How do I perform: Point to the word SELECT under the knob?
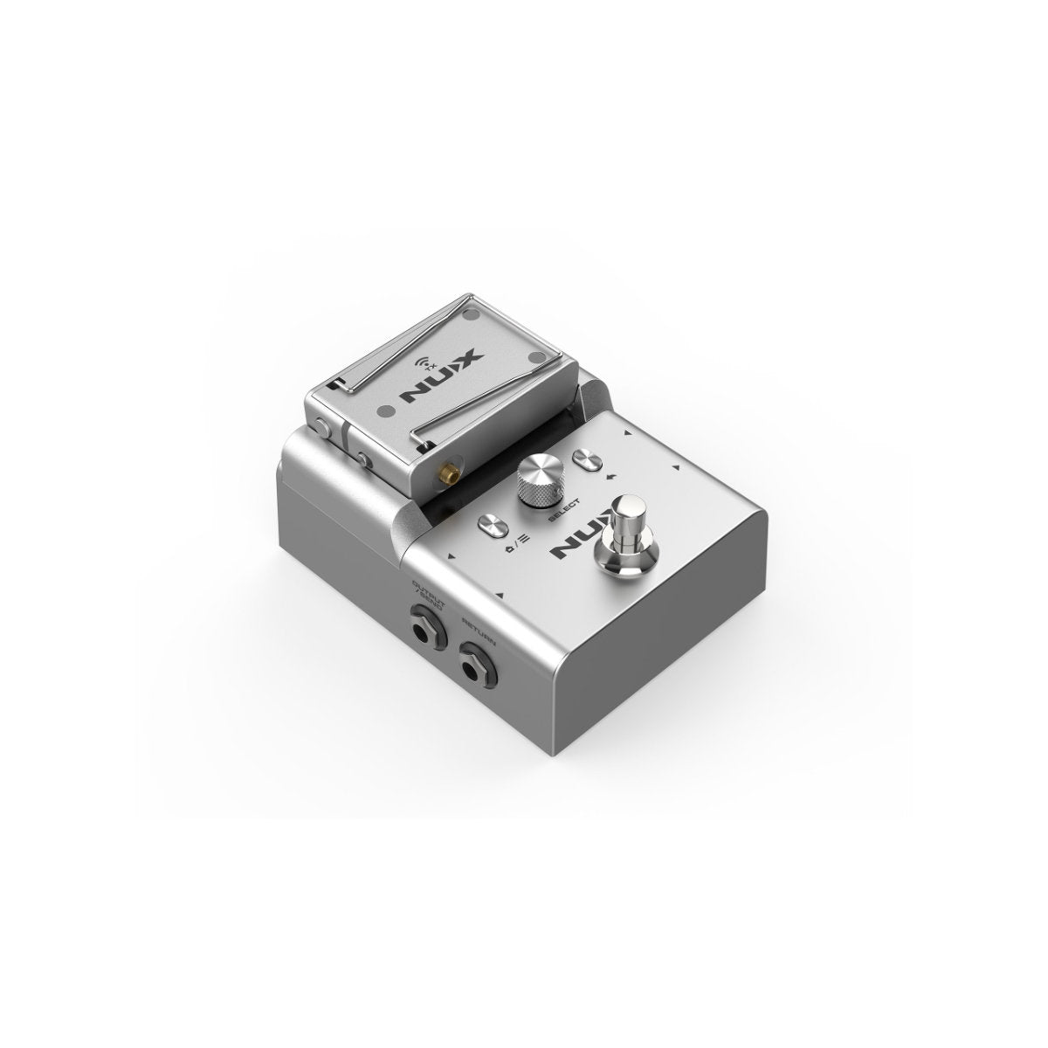(563, 509)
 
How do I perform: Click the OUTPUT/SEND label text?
(429, 596)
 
